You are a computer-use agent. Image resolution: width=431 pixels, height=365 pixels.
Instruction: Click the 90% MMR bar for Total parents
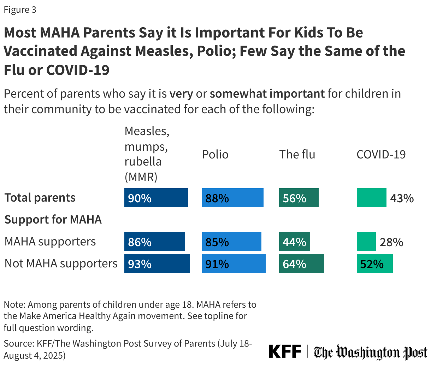coord(156,198)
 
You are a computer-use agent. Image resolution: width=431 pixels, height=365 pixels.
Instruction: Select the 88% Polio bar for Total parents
coord(233,198)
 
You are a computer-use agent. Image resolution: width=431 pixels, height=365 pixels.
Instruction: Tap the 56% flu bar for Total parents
coord(299,198)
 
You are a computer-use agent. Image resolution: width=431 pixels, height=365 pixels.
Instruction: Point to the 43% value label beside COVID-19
coord(402,198)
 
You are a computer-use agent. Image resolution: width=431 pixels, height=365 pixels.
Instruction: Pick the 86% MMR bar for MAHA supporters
coord(154,241)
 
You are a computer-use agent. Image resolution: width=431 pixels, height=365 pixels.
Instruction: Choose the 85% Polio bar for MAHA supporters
coord(232,241)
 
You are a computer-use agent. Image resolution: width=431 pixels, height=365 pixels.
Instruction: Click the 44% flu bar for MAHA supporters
coord(295,241)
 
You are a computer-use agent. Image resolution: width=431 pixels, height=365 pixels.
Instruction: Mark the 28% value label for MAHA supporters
coord(391,242)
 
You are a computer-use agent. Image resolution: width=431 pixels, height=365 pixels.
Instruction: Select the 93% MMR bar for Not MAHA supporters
coord(157,263)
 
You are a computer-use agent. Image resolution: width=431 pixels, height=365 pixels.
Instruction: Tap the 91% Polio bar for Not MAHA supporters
coord(234,263)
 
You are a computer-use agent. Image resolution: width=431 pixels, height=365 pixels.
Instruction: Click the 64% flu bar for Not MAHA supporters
coord(302,263)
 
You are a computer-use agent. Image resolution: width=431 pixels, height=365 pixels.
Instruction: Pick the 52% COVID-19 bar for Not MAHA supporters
coord(375,263)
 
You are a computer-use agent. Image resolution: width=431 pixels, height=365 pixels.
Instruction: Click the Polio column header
coord(215,155)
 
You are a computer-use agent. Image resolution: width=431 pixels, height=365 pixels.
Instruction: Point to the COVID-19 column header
coord(381,155)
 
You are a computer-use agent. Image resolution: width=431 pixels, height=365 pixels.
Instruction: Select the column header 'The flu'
coord(297,155)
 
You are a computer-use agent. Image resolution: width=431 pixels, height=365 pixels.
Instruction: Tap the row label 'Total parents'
coord(40,198)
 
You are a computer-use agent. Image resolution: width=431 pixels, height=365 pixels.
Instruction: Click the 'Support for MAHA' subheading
coord(53,219)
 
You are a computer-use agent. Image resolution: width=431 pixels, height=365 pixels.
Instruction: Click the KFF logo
coord(285,352)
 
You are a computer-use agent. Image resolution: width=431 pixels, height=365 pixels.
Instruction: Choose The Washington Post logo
coord(371,352)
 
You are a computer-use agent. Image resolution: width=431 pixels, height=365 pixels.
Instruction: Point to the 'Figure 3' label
coord(20,10)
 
